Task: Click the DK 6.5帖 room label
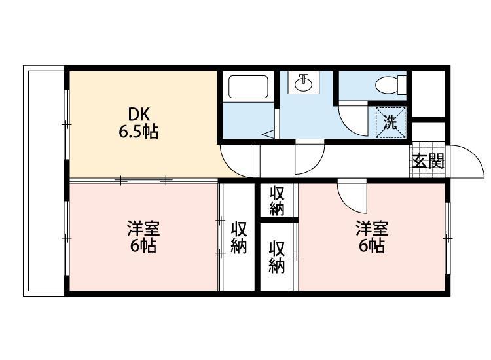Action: pos(138,123)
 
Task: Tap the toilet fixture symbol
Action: pos(390,84)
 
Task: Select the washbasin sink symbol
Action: pos(303,82)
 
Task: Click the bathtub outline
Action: pos(248,86)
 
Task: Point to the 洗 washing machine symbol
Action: pos(390,122)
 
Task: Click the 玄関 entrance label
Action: pos(427,161)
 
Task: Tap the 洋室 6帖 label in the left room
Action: pos(143,236)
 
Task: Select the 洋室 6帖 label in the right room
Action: pos(372,236)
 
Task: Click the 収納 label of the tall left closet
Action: pos(239,238)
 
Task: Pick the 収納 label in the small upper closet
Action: pos(277,201)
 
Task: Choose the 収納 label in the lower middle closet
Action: pos(277,257)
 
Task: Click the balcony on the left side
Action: pos(44,181)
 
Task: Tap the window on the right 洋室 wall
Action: pos(448,238)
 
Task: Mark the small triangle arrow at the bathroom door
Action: pos(268,134)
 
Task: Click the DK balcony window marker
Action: pos(66,124)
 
